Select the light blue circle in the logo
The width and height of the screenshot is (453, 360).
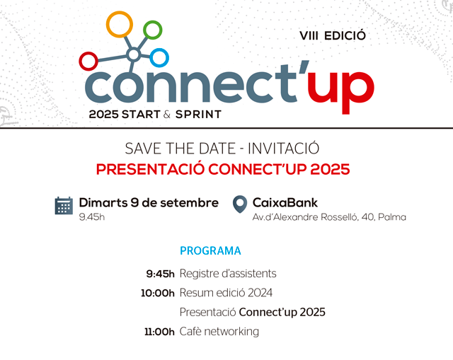click(x=159, y=50)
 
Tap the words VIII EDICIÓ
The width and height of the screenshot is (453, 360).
click(x=333, y=36)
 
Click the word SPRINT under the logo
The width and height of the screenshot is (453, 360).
click(x=198, y=115)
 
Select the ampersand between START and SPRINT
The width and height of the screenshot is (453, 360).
click(x=167, y=115)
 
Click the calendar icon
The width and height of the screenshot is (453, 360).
click(x=64, y=206)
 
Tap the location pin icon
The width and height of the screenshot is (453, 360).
click(x=240, y=204)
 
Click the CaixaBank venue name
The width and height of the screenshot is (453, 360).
click(x=285, y=203)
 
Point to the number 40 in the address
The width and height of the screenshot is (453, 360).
click(x=368, y=217)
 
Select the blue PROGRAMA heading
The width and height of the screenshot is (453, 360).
click(x=210, y=251)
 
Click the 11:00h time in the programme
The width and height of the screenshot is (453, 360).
click(x=159, y=332)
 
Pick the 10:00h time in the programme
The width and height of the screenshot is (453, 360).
click(x=158, y=294)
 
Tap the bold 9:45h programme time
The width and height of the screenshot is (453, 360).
click(x=161, y=274)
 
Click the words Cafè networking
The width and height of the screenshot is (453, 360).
click(x=219, y=332)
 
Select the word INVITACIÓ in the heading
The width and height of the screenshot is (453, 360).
click(x=283, y=149)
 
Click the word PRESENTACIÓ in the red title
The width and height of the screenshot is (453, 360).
click(x=150, y=169)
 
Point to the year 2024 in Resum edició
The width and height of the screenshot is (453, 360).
click(x=260, y=293)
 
